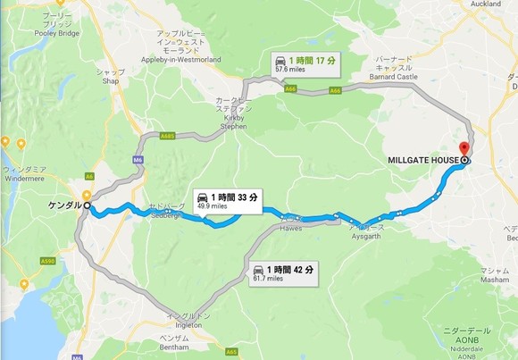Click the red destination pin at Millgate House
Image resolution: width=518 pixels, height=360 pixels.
point(464,150)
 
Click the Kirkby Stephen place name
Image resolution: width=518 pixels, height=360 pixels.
point(232,114)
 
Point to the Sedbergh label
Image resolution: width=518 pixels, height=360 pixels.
point(166,211)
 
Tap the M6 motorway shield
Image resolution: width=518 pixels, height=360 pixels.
point(137,159)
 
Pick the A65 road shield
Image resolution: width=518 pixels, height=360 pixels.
point(230,352)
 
